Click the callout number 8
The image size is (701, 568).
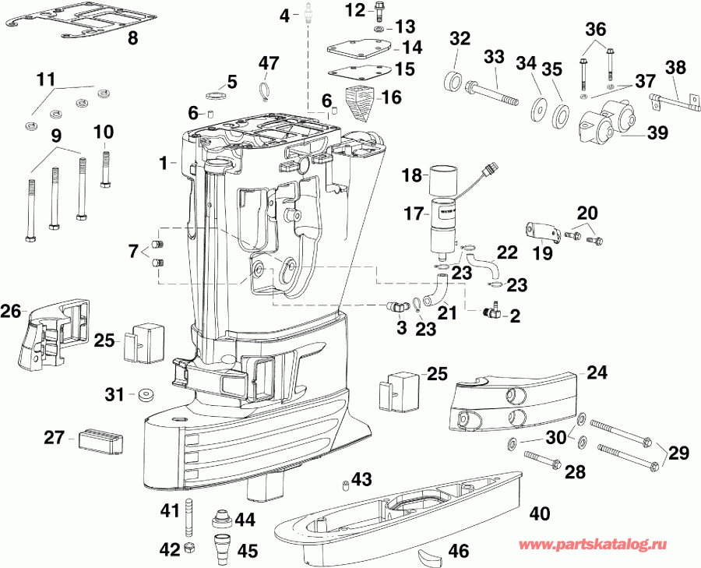point(132,37)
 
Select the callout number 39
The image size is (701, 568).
point(657,133)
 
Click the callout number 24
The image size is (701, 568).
point(596,372)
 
